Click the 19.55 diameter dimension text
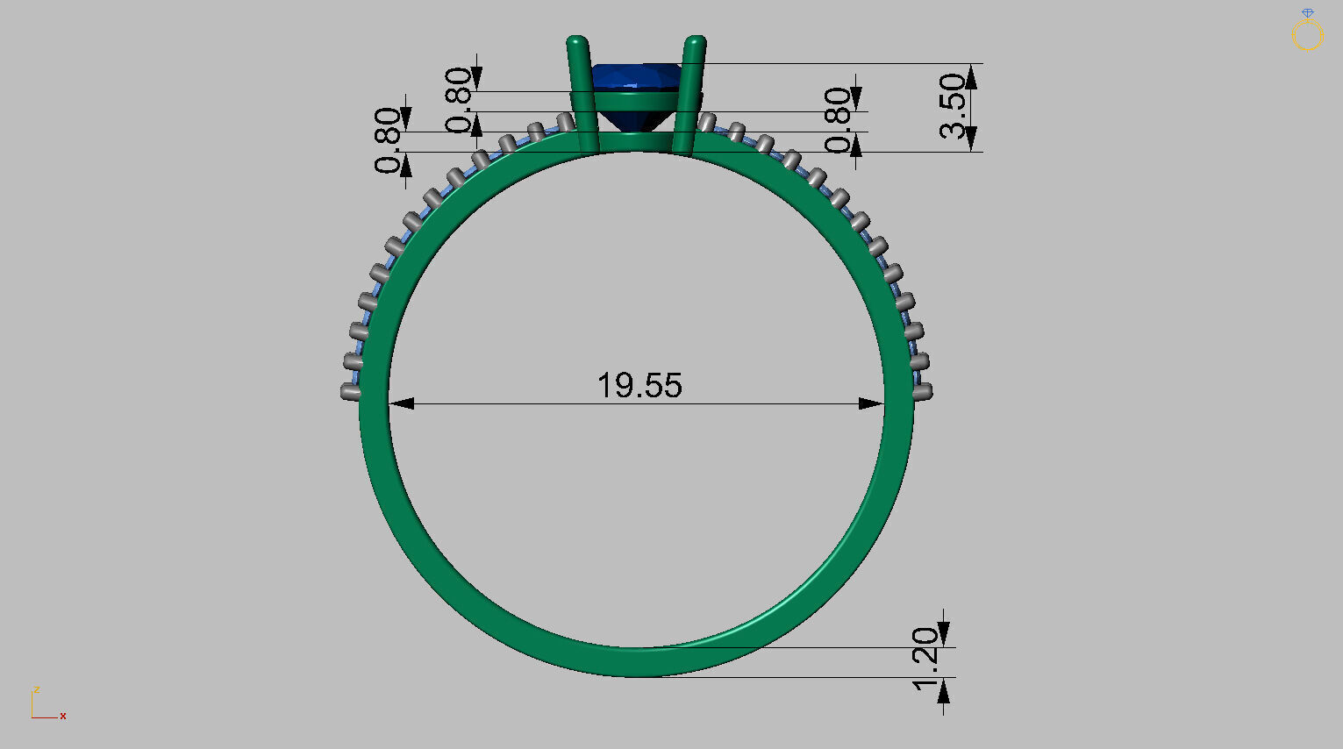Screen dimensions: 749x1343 [x=639, y=385]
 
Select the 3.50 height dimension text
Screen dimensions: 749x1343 [x=954, y=106]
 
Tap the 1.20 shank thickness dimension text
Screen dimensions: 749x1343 [x=925, y=659]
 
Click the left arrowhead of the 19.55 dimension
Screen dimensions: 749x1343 [x=401, y=403]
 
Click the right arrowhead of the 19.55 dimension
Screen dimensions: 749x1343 [x=871, y=403]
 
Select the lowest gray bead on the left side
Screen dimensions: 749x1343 [x=351, y=393]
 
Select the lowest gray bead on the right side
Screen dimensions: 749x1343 [x=923, y=391]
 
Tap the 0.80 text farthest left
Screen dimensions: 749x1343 [x=389, y=140]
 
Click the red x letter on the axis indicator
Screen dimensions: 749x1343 [x=63, y=717]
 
